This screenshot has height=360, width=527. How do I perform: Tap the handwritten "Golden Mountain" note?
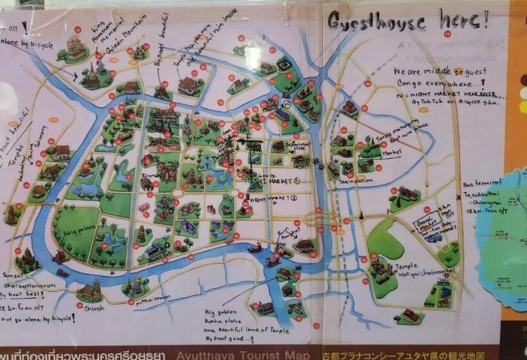pyautogui.click(x=134, y=32)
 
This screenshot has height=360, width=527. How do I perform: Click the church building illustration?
pyautogui.click(x=91, y=292)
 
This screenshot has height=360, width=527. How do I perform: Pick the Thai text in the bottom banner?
pyautogui.click(x=84, y=355)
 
